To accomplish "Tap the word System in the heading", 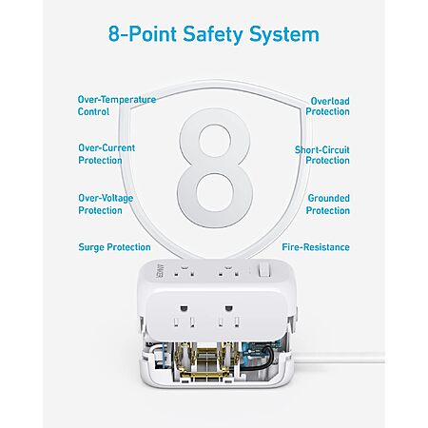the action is pos(283,34).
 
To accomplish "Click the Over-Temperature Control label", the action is pos(117,106).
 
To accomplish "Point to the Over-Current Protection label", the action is pos(107,154).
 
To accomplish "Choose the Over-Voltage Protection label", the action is pos(106,204).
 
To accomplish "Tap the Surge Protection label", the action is pos(114,247).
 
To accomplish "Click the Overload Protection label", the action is pos(327,107).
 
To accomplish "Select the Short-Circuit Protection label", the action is pos(322,155).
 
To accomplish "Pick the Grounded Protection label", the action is pos(328,204).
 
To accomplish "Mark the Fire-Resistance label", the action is pos(316,247).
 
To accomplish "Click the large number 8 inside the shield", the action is pos(215,168).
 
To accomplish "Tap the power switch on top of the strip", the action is pos(264,270).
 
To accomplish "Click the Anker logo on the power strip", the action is pos(160,270).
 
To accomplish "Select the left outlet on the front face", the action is pos(184,317).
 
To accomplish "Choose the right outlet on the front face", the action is pos(228,317).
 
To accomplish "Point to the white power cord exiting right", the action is pos(340,359).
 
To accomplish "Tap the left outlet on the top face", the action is pos(184,271).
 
